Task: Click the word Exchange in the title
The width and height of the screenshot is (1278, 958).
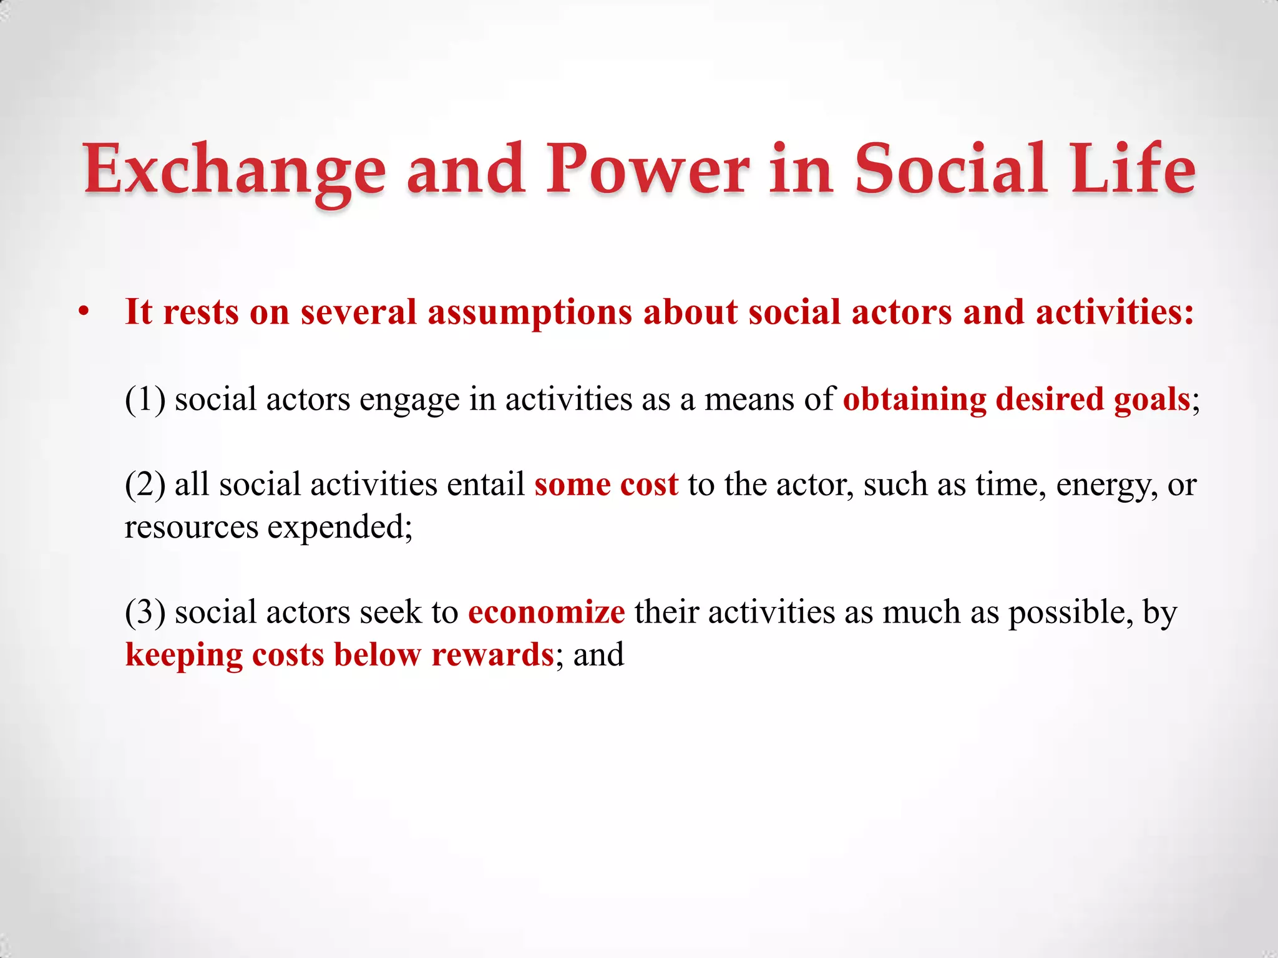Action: [235, 170]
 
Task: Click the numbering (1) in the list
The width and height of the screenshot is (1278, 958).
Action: [145, 399]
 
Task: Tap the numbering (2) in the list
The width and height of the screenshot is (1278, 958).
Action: [145, 485]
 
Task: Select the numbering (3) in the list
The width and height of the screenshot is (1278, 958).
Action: [145, 612]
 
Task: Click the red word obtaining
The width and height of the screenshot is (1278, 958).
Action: [914, 399]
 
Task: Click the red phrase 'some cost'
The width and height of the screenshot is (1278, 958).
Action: [606, 485]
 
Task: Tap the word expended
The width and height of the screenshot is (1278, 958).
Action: [339, 528]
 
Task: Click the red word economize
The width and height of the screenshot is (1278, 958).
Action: [546, 612]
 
